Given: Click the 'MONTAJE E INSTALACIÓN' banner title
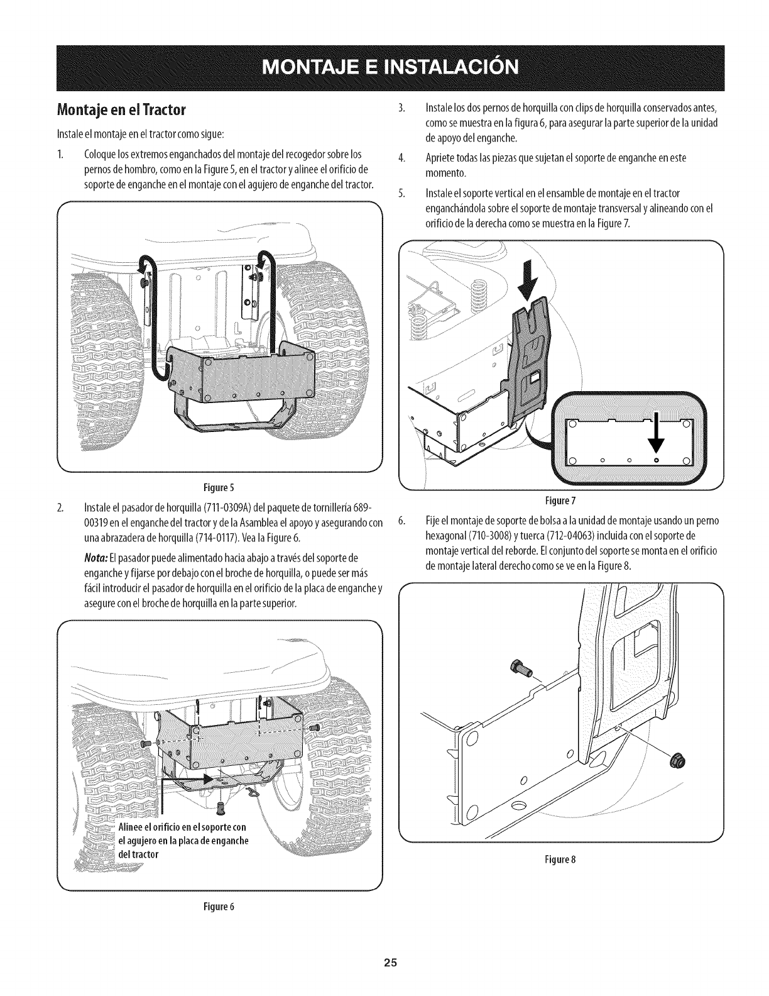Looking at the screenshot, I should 384,66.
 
